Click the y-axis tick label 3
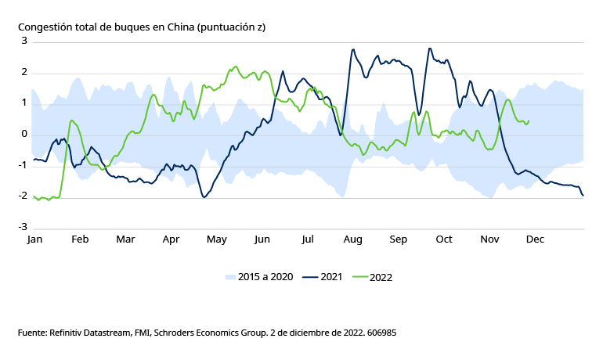tap(24, 41)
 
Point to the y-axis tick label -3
tap(23, 227)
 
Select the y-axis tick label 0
tap(24, 134)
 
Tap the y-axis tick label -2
tap(23, 196)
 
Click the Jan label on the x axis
tap(34, 239)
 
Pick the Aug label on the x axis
tap(352, 239)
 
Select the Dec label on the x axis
tap(536, 239)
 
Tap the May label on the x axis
tap(216, 239)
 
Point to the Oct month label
tap(444, 239)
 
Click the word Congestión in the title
tap(46, 27)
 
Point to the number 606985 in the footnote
tap(380, 333)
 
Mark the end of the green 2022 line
tap(529, 121)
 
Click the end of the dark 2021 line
tap(583, 195)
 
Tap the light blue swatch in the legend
tap(230, 277)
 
